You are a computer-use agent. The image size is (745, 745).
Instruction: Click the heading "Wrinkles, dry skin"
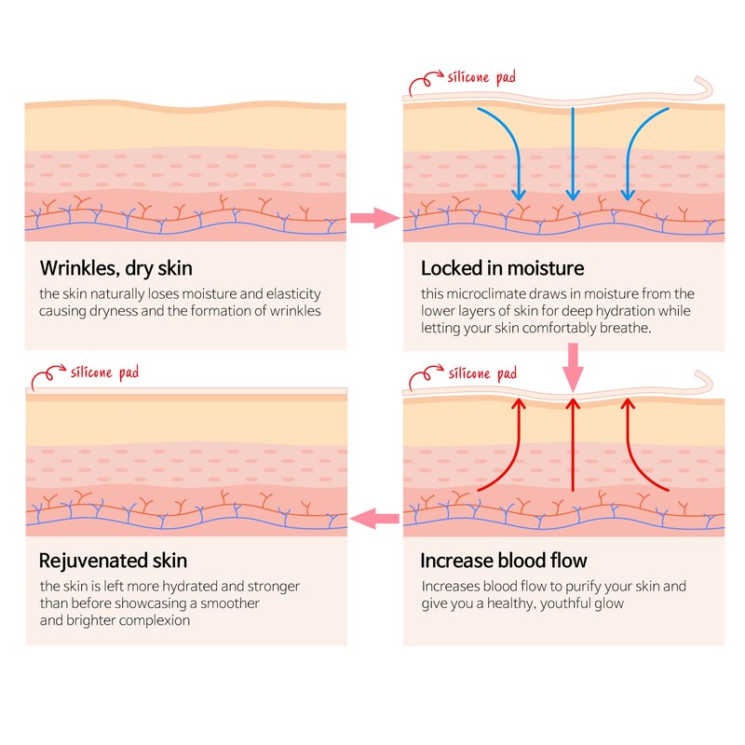tap(116, 269)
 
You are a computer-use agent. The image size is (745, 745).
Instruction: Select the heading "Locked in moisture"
tap(503, 269)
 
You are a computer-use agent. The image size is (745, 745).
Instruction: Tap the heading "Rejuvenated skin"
tap(114, 562)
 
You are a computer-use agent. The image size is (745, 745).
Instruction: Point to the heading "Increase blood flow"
tap(504, 562)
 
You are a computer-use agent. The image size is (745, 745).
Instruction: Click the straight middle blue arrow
tap(573, 154)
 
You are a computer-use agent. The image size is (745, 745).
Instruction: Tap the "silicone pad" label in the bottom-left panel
tap(103, 372)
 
